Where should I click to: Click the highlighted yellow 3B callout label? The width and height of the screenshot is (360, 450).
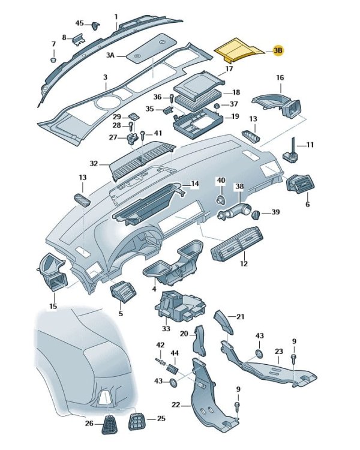[x=278, y=51]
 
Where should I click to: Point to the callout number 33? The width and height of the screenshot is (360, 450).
[x=166, y=328]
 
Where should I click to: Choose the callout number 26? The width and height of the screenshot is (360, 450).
[x=89, y=424]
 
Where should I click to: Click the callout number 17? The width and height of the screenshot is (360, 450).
[x=229, y=69]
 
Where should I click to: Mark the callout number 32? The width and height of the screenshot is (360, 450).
[x=94, y=163]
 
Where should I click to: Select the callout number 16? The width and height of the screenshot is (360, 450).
[x=280, y=78]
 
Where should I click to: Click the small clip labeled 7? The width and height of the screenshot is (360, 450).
[x=53, y=59]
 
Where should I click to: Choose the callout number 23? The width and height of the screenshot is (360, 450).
[x=278, y=351]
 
